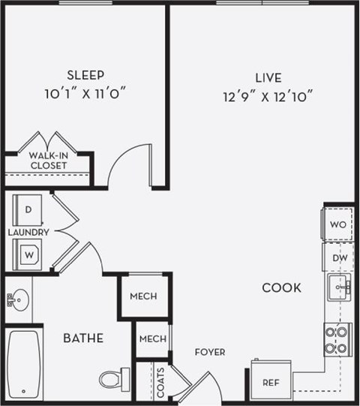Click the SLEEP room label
coord(85,74)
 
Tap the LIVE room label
coord(268,77)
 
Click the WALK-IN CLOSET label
coord(49,161)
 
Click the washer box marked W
coord(29,254)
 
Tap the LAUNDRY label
coord(28,233)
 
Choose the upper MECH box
coord(142,296)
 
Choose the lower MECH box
coord(152,339)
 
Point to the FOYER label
coord(209,352)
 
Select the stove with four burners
coord(337,339)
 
